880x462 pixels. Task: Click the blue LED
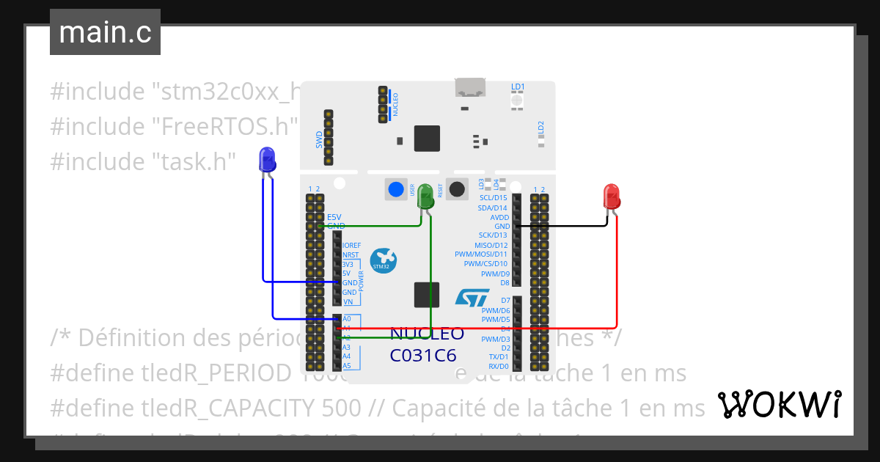click(267, 159)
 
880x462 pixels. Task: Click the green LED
click(425, 197)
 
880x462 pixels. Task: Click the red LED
click(611, 197)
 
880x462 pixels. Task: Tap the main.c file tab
click(105, 33)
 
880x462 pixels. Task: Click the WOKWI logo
click(779, 405)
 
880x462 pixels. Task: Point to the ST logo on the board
click(472, 297)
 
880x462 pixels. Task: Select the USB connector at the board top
click(470, 87)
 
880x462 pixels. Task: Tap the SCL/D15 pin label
click(493, 198)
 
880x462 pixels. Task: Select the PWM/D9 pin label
click(494, 274)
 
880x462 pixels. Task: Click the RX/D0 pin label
click(498, 365)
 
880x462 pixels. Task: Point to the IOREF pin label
click(351, 245)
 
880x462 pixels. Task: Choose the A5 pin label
click(347, 365)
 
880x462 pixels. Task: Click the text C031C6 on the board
click(423, 356)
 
